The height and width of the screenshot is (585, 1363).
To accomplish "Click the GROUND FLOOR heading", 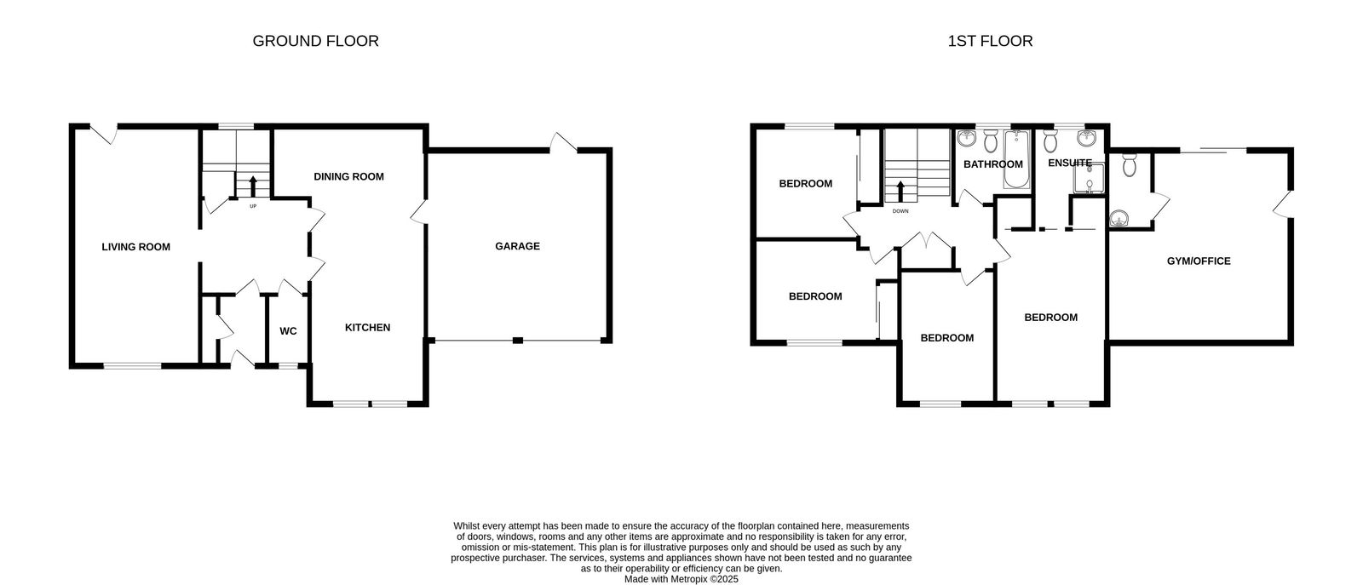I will point(315,41).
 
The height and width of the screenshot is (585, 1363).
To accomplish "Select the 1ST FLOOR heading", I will point(990,41).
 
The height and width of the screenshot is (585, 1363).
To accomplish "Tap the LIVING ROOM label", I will point(135,248).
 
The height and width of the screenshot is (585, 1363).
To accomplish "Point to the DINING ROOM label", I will point(348,177).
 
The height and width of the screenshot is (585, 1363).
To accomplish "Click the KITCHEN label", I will point(367,328).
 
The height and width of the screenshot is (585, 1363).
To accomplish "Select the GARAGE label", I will point(517,247).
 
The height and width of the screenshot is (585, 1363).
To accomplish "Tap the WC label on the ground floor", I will point(288,331).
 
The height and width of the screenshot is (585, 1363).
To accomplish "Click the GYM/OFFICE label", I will point(1198,261).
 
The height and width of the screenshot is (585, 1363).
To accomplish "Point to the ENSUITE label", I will point(1069,163).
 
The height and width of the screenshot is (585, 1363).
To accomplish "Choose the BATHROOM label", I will point(992,164).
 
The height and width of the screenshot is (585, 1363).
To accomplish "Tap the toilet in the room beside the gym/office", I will point(1129,164).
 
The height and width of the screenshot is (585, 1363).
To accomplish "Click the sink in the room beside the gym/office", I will point(1120,219).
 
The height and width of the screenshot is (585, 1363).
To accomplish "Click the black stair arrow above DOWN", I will point(900,190).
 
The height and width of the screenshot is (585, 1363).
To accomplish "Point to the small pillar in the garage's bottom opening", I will point(517,341).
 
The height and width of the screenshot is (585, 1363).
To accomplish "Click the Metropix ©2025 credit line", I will point(681,579).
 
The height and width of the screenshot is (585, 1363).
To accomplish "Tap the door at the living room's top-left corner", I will point(104,134).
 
